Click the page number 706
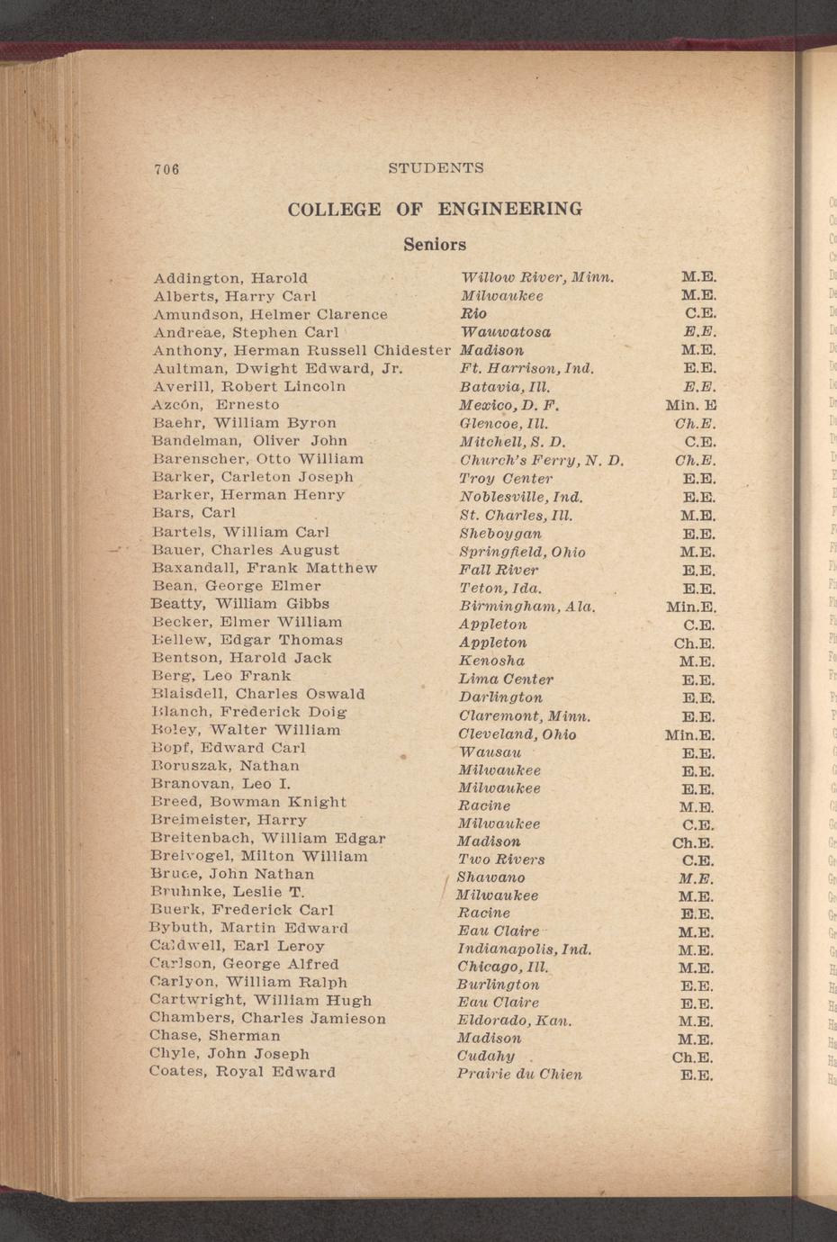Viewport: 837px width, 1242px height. point(167,169)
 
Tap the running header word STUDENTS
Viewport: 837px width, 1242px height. point(436,168)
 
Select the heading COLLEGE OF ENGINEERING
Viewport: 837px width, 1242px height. point(435,210)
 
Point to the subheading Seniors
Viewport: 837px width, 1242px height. point(435,245)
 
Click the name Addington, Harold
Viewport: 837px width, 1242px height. point(230,278)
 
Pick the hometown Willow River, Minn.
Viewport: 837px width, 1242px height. point(537,277)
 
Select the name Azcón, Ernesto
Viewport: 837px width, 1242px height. point(216,405)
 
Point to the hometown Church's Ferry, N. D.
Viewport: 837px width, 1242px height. point(541,460)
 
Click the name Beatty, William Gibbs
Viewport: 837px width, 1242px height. point(240,604)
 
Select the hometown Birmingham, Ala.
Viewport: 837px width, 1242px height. point(526,606)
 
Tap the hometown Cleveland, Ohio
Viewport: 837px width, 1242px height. point(517,734)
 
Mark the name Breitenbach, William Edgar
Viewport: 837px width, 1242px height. point(268,838)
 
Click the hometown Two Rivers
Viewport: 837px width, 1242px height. point(501,859)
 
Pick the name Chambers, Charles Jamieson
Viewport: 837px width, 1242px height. point(267,1018)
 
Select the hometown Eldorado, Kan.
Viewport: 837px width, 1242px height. point(515,1021)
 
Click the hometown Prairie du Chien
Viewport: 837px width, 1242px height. point(519,1075)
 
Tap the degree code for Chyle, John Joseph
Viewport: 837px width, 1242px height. point(693,1057)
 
